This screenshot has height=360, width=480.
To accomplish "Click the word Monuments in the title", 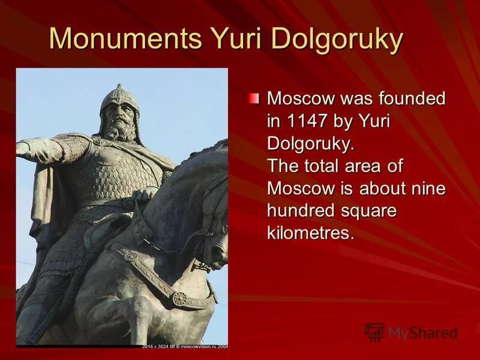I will (x=125, y=40).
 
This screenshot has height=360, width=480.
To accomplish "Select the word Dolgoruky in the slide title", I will (x=338, y=40).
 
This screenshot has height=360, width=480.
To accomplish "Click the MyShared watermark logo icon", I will (x=374, y=332).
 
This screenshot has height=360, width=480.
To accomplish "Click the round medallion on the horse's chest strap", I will (x=179, y=298).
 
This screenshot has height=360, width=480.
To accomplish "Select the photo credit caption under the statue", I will (x=185, y=346).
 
